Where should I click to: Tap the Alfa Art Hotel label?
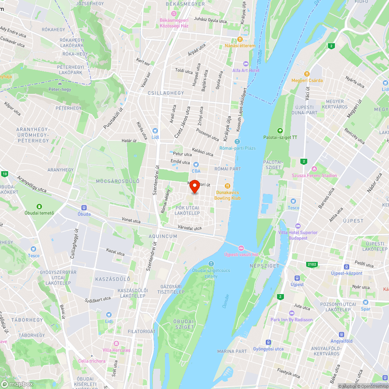pos(246,70)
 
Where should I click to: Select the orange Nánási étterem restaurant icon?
pos(240,39)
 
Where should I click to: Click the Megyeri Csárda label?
pos(307,81)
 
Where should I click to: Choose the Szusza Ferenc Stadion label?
pos(314,175)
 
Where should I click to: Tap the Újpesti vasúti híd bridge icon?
pos(241,248)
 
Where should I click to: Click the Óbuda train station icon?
pos(84,208)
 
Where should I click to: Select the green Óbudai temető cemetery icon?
pos(39,206)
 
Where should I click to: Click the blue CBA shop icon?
pos(196,165)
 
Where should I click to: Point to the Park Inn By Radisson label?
pos(292,320)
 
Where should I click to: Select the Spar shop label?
pos(365,309)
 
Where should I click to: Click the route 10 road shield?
pos(4,174)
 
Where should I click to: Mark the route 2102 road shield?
pos(312,265)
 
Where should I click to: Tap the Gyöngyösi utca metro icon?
pos(268,342)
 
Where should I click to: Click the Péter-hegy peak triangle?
pos(60,83)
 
